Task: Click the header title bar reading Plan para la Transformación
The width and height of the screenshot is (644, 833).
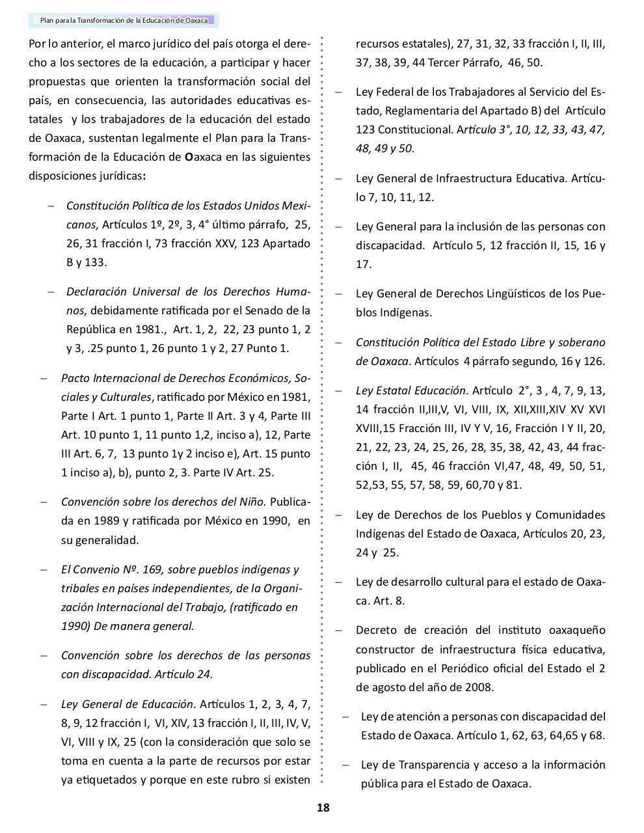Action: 124,20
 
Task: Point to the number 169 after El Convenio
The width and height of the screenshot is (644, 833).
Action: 152,569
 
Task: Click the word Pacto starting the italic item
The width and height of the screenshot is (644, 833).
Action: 75,378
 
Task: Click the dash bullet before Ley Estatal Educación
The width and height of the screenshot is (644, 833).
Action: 339,391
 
